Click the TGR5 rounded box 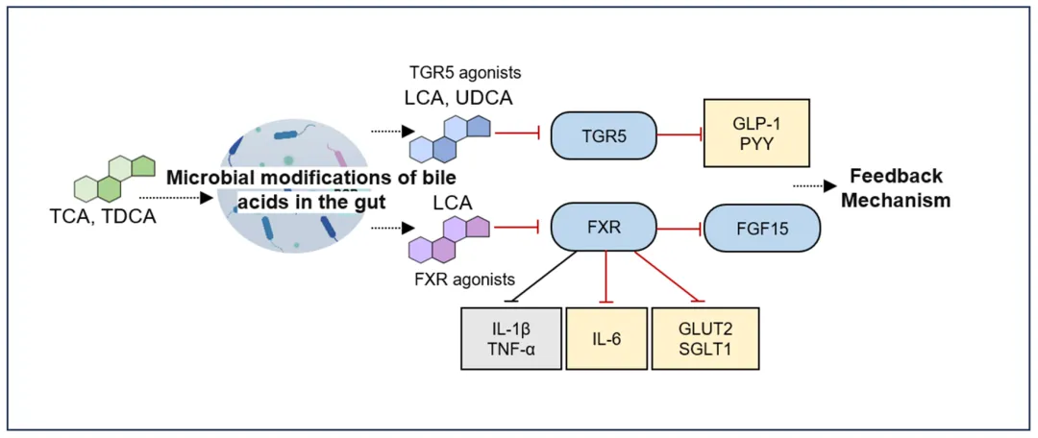604,137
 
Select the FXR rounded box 604,230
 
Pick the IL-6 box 605,339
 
